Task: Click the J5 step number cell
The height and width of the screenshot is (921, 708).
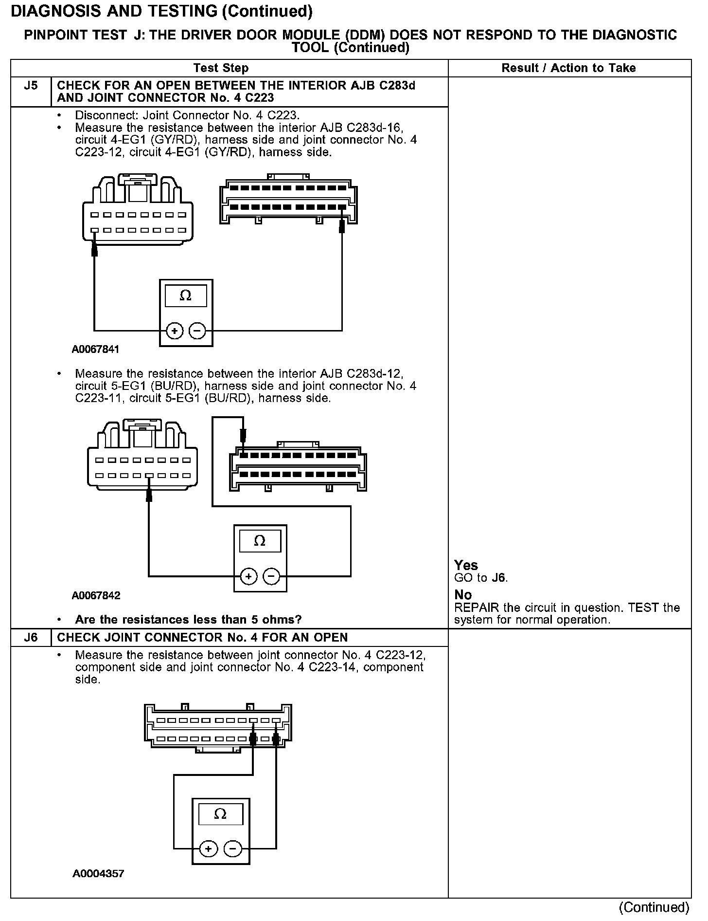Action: point(31,86)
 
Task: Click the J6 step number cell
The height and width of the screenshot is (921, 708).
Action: point(31,637)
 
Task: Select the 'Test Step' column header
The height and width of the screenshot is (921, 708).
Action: point(221,68)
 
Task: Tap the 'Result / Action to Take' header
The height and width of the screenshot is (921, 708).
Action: point(568,68)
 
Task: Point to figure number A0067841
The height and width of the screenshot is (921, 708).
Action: point(95,349)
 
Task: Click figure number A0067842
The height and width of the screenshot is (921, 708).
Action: point(96,595)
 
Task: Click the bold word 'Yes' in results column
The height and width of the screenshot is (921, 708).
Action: point(466,565)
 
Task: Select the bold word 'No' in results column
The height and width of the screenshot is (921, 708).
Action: point(463,595)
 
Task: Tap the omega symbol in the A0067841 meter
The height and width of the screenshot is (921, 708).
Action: point(185,295)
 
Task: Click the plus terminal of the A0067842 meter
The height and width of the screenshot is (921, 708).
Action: point(248,576)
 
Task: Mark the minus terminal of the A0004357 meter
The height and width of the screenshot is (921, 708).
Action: point(232,849)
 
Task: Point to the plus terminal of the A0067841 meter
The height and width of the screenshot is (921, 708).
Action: point(175,331)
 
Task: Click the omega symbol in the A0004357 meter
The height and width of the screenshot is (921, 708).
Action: point(220,814)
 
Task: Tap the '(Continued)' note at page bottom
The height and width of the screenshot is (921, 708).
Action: point(654,907)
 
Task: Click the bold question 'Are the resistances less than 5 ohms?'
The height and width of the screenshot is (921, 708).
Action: point(188,620)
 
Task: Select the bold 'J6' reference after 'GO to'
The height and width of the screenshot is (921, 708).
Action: point(498,578)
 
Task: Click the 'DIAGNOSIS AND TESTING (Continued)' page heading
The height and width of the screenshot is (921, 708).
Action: point(161,11)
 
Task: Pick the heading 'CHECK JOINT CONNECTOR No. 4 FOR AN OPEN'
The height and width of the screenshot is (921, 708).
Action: point(202,637)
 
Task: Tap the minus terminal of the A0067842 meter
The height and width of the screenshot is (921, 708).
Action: point(271,576)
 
